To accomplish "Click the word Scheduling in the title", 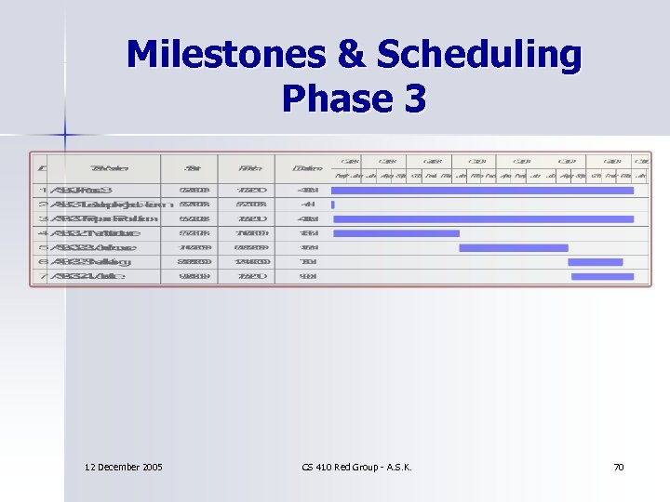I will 478,57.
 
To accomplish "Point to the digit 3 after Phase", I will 413,97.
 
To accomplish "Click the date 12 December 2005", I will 123,466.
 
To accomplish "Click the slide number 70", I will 618,466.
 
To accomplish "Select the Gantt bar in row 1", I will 482,191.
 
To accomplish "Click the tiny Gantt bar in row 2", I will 332,205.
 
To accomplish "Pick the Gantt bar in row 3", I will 483,219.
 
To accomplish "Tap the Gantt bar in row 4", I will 395,233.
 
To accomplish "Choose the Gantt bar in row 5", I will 513,248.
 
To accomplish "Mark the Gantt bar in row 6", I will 596,262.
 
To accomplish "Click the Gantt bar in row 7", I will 596,276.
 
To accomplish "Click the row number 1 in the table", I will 43,191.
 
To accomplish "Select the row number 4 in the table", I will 43,233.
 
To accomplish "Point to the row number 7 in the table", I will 43,276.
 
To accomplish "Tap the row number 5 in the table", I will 43,248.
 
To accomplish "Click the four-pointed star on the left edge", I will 66,136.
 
